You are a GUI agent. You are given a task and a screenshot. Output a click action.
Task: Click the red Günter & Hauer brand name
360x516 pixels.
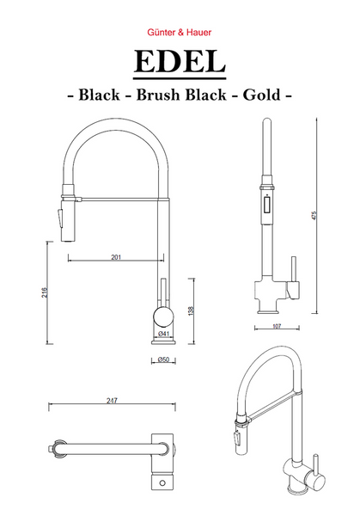tap(180, 33)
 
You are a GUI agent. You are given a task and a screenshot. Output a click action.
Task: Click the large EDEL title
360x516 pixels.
tap(180, 62)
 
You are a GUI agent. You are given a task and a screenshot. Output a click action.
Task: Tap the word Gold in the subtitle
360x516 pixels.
tap(262, 95)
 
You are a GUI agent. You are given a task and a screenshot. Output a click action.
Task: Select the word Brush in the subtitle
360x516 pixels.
tap(158, 95)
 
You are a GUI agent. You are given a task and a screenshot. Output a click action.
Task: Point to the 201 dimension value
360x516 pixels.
tap(116, 257)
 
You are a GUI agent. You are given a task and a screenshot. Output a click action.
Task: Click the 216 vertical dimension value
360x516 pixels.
tap(45, 292)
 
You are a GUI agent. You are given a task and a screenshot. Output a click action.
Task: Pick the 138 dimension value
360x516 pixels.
tap(191, 311)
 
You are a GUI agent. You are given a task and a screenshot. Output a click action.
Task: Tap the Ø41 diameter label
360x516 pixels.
tap(163, 334)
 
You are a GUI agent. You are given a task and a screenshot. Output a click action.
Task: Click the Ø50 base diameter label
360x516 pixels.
tap(163, 359)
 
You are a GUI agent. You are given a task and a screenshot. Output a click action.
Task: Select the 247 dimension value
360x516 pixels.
tap(112, 401)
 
